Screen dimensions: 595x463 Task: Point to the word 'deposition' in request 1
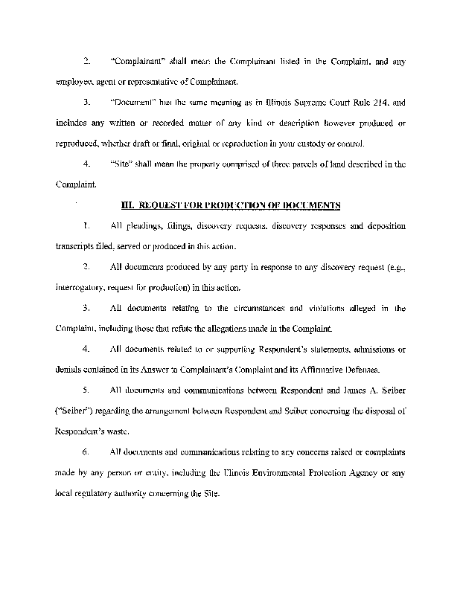point(384,225)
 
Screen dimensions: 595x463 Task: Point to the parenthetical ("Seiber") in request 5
point(76,410)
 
